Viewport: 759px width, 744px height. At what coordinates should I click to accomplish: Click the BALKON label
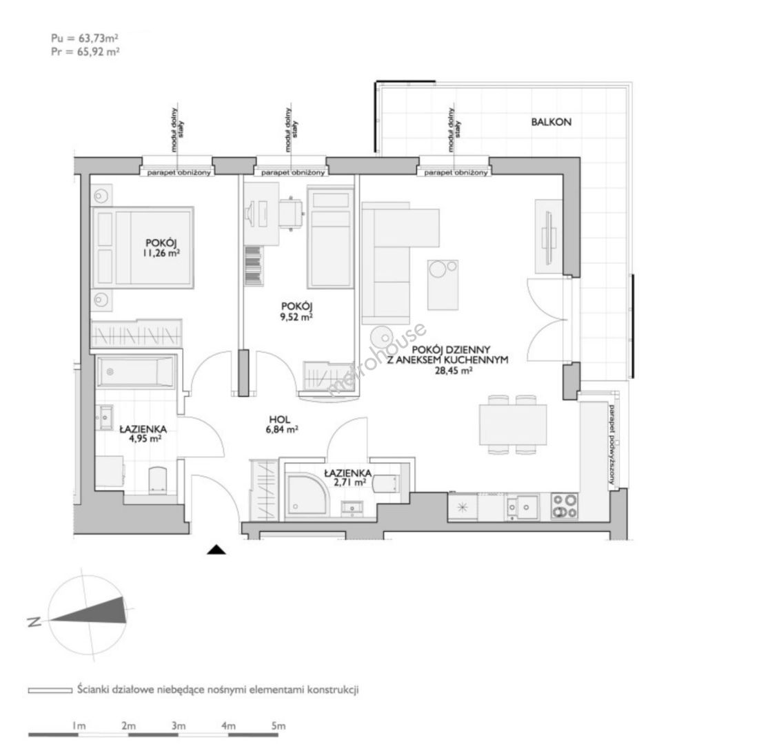(551, 122)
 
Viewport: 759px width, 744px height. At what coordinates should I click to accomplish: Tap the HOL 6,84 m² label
(281, 424)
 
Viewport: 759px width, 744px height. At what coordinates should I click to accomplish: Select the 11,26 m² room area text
(162, 253)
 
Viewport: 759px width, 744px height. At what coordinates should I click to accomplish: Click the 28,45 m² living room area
(454, 371)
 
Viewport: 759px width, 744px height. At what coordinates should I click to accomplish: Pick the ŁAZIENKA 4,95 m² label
(143, 434)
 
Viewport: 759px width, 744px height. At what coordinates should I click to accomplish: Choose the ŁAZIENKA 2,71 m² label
(347, 477)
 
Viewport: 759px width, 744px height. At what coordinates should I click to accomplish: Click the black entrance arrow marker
(216, 550)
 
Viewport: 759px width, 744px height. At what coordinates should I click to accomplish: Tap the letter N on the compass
(34, 622)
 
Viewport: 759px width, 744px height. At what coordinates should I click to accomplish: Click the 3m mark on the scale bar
(179, 725)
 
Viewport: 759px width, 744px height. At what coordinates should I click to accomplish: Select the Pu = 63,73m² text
(85, 38)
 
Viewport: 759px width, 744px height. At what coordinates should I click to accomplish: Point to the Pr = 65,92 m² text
(85, 51)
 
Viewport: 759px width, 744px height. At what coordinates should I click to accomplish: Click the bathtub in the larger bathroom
(135, 371)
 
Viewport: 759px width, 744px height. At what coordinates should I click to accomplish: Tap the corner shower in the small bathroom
(306, 493)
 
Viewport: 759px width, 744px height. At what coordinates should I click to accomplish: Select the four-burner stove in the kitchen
(565, 506)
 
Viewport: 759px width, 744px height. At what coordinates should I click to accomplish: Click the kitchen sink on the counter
(521, 506)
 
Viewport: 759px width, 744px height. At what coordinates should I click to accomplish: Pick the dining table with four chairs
(513, 425)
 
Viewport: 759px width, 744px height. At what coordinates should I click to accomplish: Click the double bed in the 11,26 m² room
(143, 248)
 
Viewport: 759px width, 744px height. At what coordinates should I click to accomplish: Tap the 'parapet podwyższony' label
(612, 444)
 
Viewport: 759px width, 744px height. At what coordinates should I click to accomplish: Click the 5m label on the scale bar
(279, 725)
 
